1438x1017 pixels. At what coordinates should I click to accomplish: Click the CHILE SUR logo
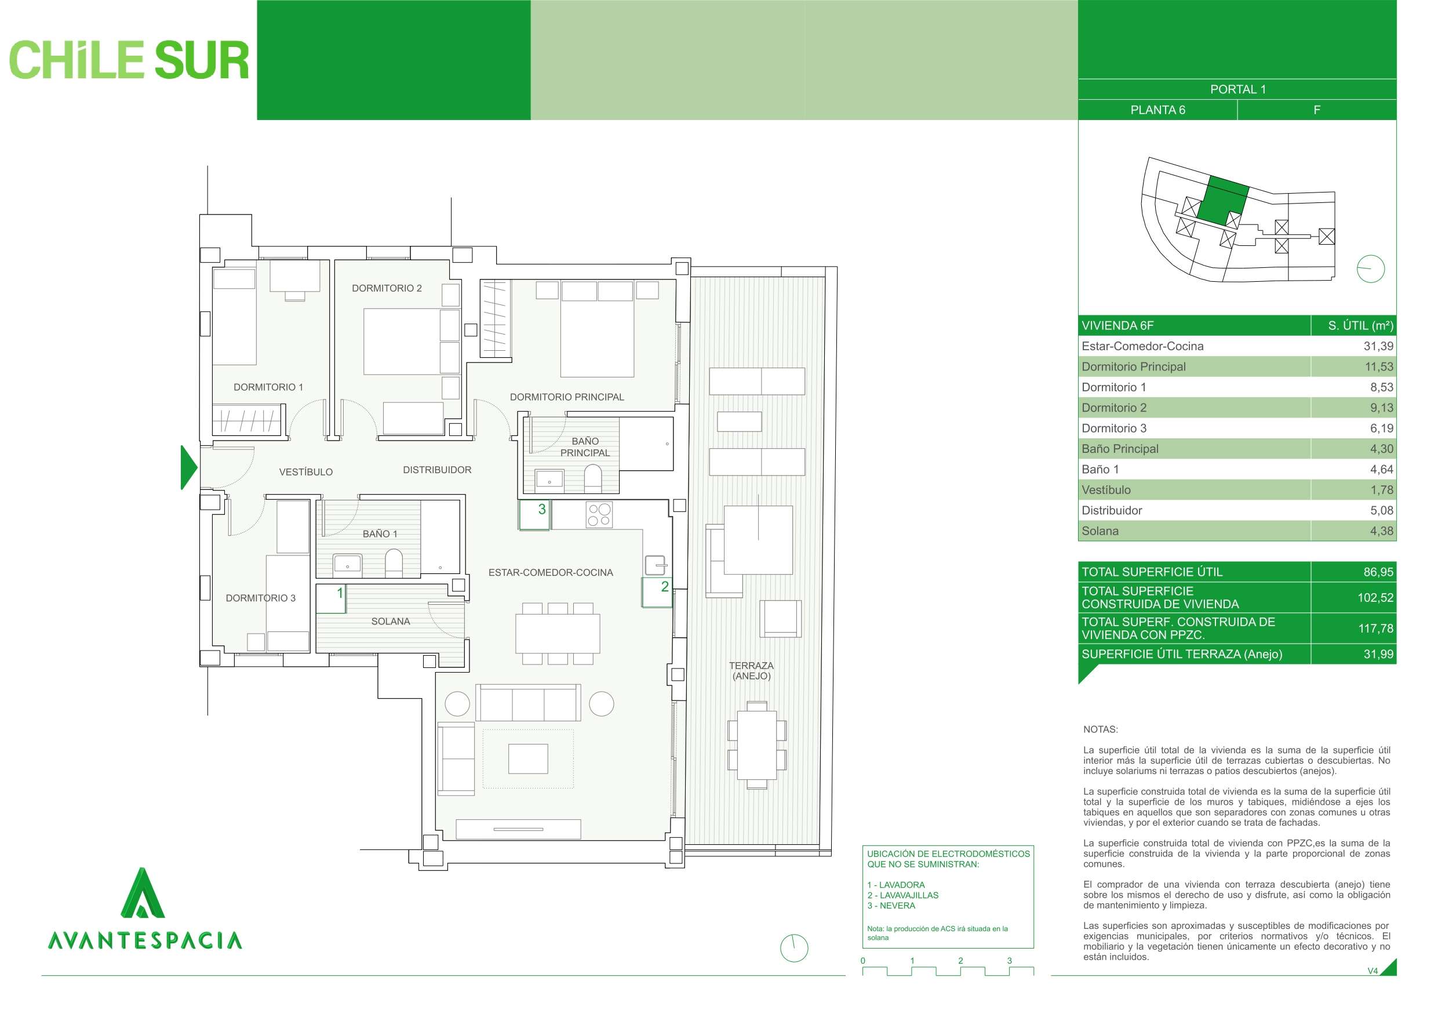(129, 61)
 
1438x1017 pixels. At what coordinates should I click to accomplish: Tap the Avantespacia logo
(145, 909)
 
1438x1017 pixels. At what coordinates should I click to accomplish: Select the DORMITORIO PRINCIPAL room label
(566, 397)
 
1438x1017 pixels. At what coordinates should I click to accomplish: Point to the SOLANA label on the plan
(390, 621)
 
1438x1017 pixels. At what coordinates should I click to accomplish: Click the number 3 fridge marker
(542, 510)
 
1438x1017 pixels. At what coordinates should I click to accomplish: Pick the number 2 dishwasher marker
(664, 587)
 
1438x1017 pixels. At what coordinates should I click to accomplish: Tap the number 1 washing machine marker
(340, 593)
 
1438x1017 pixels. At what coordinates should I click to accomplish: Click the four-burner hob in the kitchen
(598, 514)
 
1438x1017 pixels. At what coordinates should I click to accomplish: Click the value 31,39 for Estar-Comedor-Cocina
(1378, 346)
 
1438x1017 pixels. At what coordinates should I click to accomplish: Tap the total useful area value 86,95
(1378, 572)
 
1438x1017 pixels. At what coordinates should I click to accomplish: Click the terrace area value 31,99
(1378, 654)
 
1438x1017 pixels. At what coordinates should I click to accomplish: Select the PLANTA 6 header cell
(1157, 110)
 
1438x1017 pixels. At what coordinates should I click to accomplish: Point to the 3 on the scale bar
(1009, 961)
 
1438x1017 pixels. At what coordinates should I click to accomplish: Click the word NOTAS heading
(1101, 729)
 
